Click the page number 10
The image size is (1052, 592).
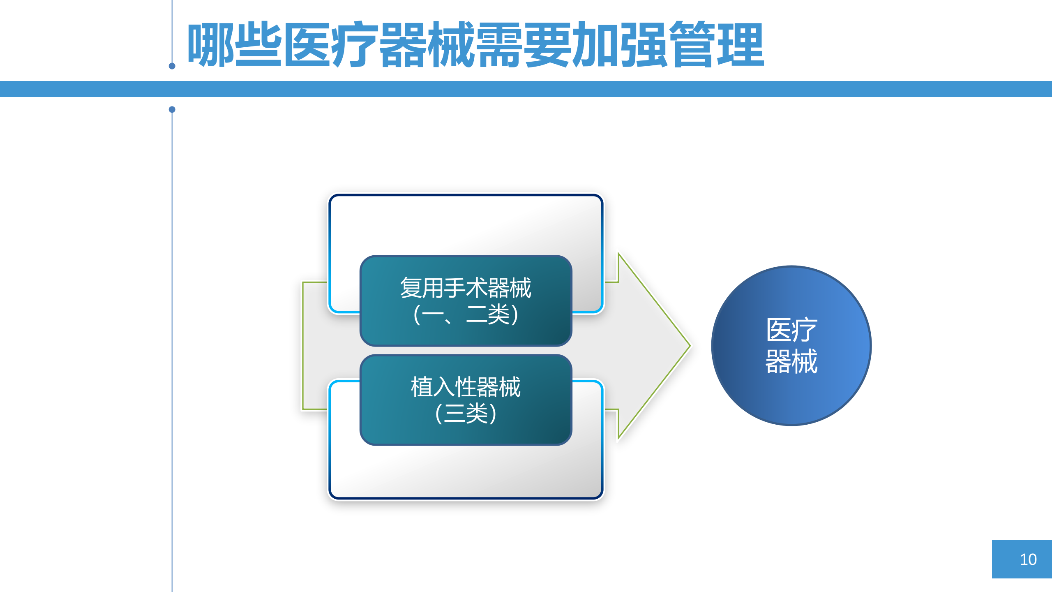click(1028, 560)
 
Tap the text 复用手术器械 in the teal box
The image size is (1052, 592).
click(466, 288)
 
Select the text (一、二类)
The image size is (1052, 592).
click(466, 315)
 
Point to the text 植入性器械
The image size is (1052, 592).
click(466, 387)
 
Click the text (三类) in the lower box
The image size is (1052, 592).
click(466, 414)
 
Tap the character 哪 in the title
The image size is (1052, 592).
click(211, 44)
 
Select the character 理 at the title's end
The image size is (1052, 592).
click(741, 44)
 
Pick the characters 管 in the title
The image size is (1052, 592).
click(692, 44)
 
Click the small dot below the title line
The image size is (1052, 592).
click(172, 66)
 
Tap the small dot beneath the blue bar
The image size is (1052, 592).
click(172, 109)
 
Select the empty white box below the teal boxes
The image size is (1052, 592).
click(466, 473)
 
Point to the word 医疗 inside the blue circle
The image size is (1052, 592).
click(791, 330)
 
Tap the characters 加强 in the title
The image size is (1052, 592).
click(621, 44)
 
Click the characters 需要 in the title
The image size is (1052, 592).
click(524, 44)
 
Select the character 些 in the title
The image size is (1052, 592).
click(258, 44)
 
